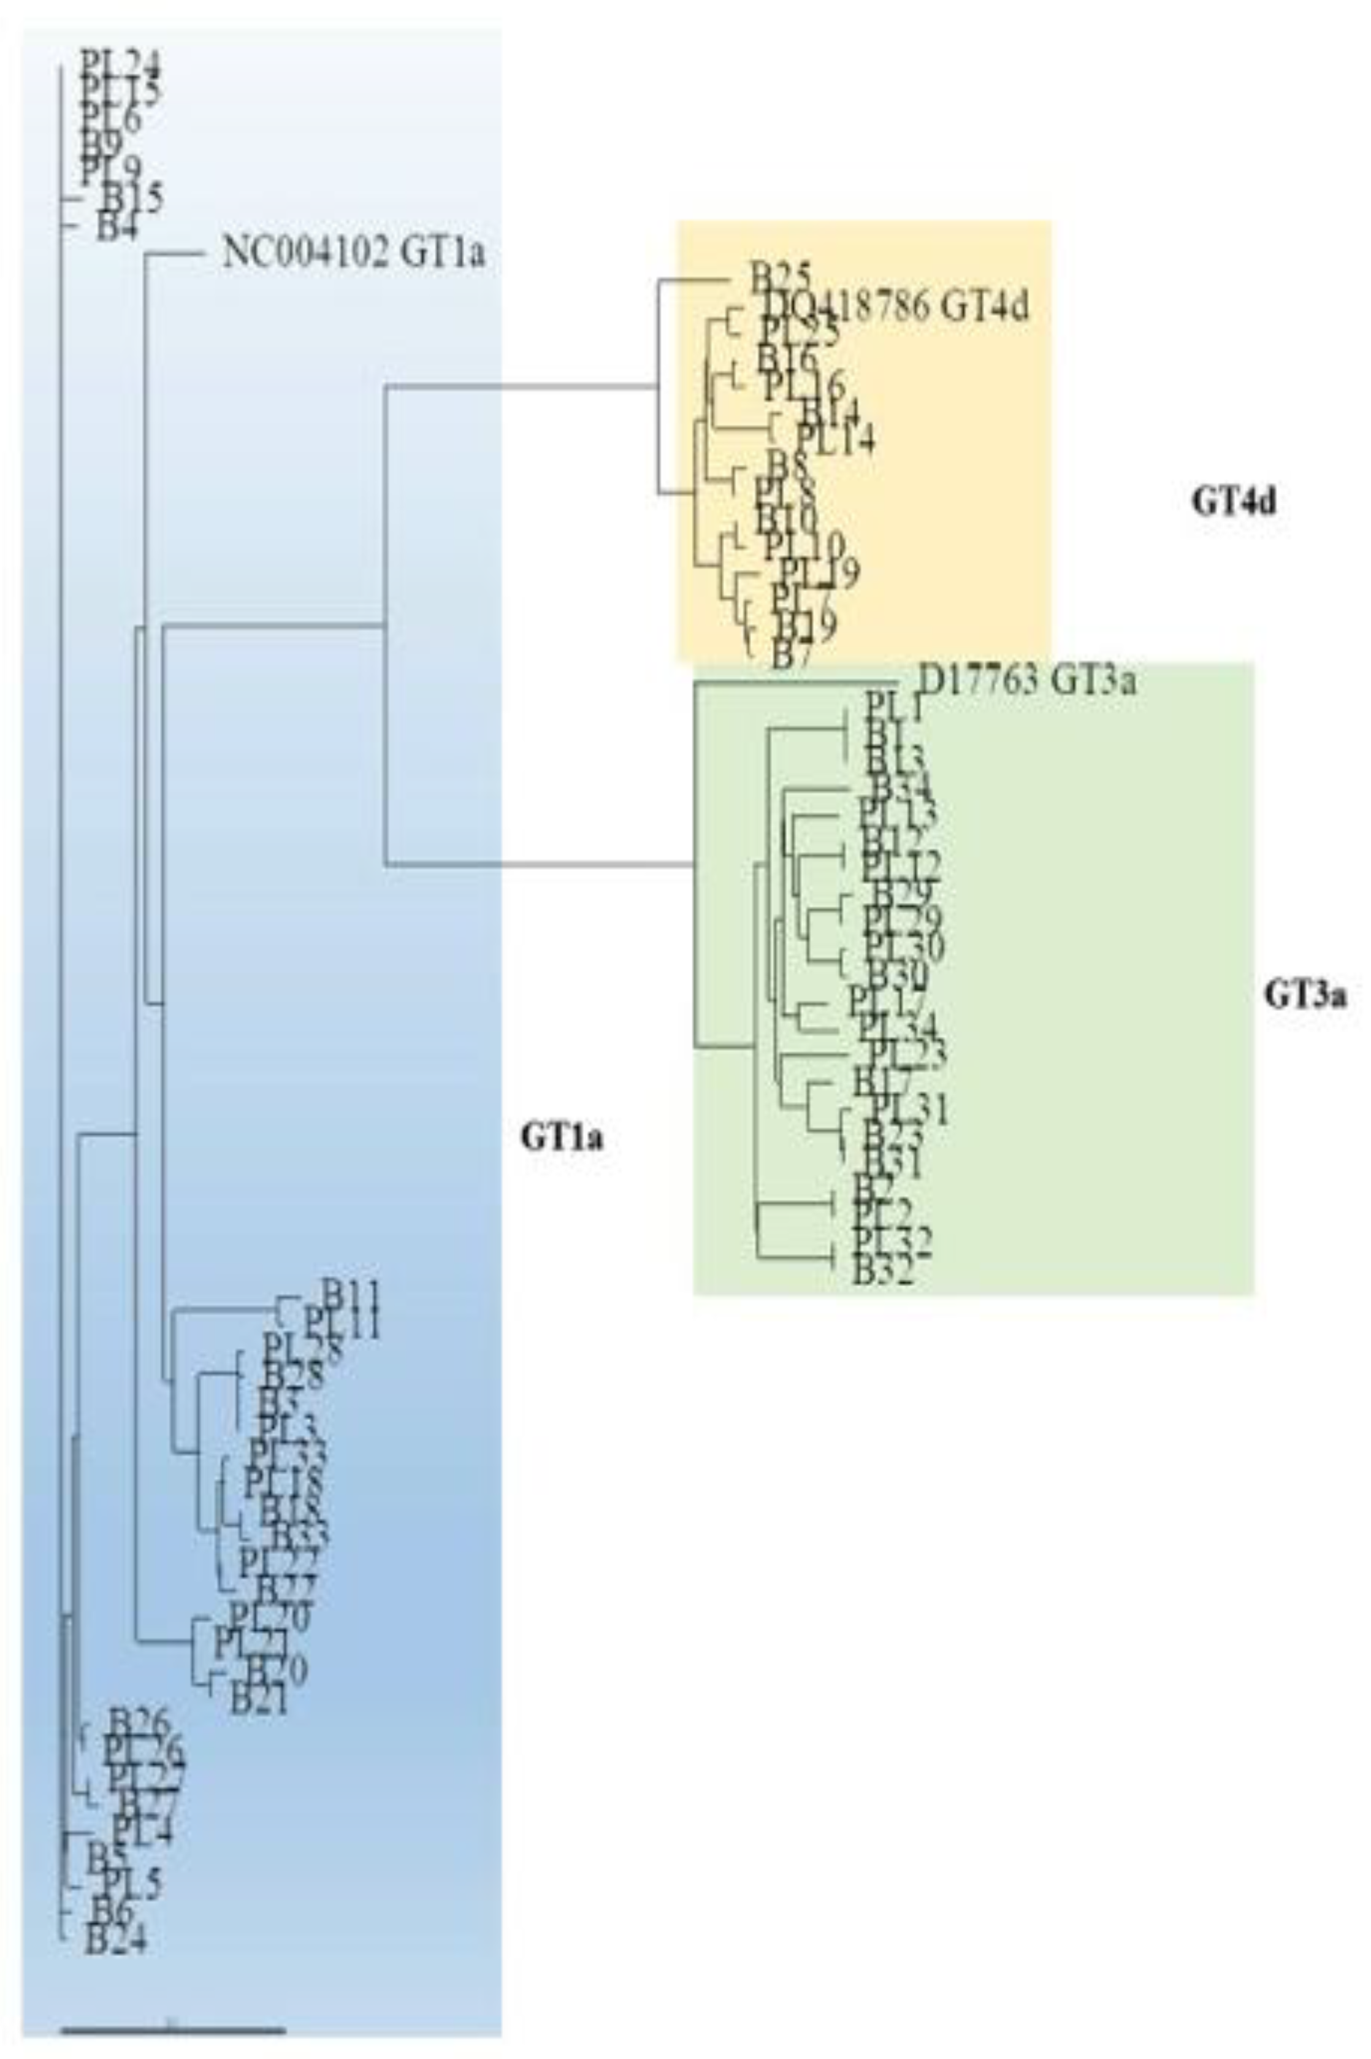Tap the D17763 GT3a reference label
coord(1028,680)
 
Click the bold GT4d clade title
coord(1233,503)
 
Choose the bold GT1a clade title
coord(562,1137)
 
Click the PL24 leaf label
coord(121,63)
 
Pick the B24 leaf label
coord(115,1938)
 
